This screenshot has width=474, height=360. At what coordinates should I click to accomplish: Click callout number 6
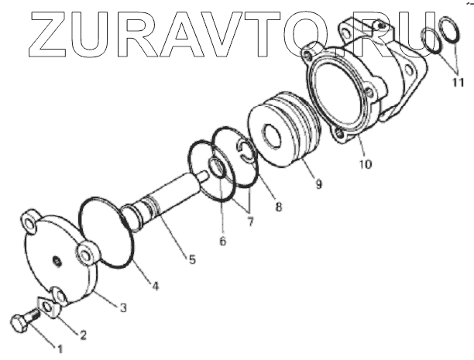(x=222, y=241)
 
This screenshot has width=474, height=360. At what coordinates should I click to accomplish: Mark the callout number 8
(x=278, y=207)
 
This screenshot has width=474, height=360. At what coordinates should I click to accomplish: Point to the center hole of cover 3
(x=57, y=260)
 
